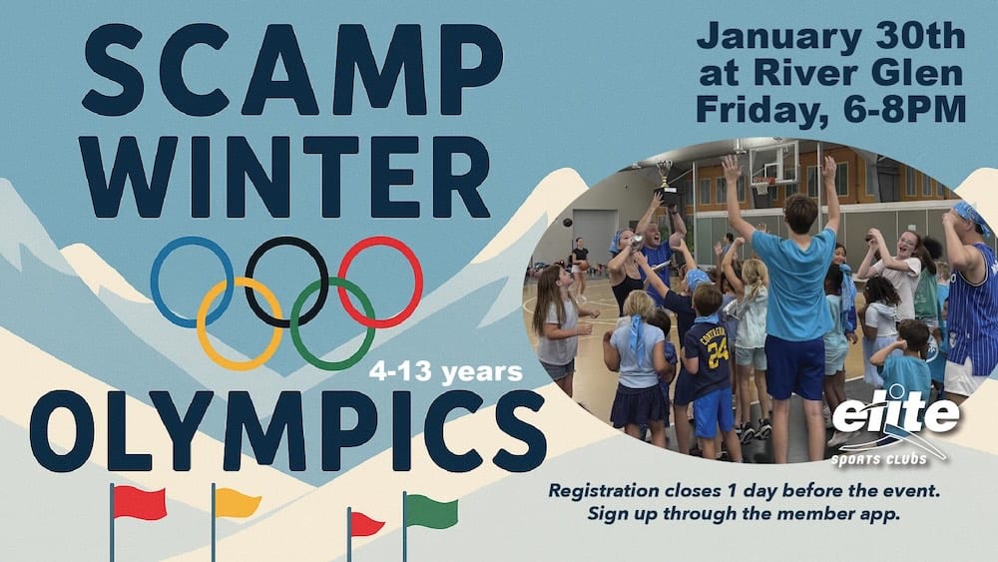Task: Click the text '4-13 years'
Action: point(446,372)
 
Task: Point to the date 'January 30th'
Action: point(830,38)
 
